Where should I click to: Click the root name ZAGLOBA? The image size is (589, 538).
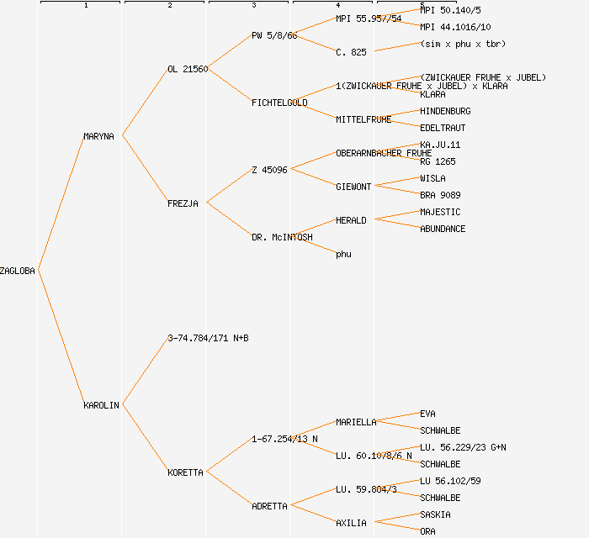(x=18, y=271)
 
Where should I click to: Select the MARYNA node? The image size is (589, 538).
(x=98, y=136)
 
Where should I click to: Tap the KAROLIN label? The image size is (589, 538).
(x=101, y=405)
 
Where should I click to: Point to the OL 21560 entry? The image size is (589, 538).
(x=188, y=69)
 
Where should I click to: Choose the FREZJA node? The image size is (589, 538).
(x=183, y=203)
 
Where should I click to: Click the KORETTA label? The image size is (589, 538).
(x=185, y=472)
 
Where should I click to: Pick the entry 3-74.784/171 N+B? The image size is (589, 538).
(x=208, y=338)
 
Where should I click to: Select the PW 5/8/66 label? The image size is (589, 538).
(x=274, y=35)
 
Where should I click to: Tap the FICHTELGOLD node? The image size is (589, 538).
(x=279, y=103)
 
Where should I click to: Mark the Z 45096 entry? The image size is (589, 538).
(x=269, y=170)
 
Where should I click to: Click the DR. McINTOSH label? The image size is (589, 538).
(x=282, y=237)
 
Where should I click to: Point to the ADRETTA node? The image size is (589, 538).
(x=269, y=506)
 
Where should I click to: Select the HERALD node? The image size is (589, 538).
(x=351, y=220)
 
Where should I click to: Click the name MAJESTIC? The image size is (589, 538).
(x=440, y=212)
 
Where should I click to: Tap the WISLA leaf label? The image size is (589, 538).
(x=432, y=178)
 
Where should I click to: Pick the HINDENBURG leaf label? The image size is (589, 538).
(x=445, y=111)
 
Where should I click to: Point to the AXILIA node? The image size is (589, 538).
(x=351, y=523)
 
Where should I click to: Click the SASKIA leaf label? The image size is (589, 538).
(x=435, y=514)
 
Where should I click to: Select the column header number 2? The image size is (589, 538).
(x=169, y=6)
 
